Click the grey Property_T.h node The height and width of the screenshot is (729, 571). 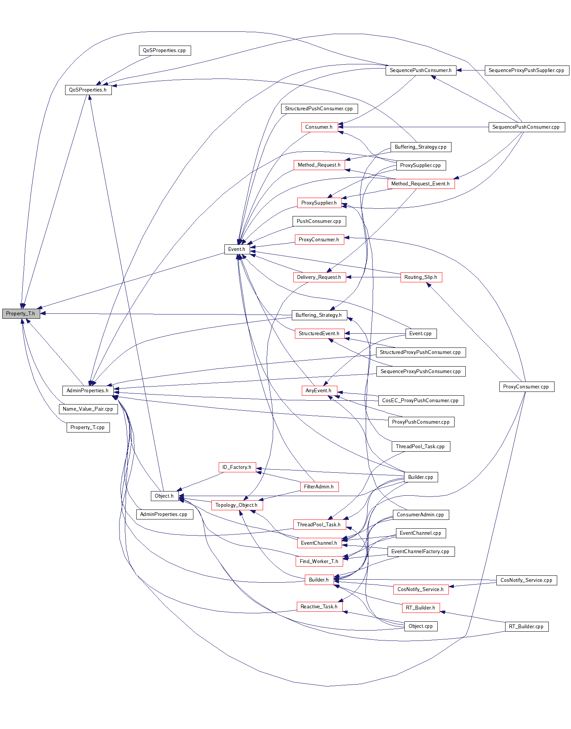pos(21,313)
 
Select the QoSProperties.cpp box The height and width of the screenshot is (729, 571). pos(164,50)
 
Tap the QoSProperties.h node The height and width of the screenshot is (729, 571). pos(88,90)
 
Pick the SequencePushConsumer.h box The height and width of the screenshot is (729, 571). pos(420,70)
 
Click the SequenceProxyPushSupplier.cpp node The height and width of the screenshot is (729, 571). pos(527,70)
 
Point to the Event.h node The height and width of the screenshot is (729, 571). pos(237,249)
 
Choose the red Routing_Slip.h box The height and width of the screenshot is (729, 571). pos(421,277)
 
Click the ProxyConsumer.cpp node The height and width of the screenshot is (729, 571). pos(526,387)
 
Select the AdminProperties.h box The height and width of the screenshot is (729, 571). pos(88,390)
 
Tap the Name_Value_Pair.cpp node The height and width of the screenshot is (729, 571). pos(88,409)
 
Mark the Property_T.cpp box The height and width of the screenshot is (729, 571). pos(88,427)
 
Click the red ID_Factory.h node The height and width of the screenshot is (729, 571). pos(237,467)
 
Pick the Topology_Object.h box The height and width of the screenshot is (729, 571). pos(237,505)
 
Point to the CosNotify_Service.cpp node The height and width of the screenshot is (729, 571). pos(526,580)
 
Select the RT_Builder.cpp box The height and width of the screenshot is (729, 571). pos(526,626)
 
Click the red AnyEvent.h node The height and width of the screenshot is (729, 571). pos(319,390)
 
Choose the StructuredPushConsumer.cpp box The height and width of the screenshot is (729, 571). pos(319,108)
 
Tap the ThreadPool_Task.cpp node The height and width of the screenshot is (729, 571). pos(420,446)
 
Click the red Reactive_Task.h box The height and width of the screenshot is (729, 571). pos(319,606)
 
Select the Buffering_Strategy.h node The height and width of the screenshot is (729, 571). pos(319,315)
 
